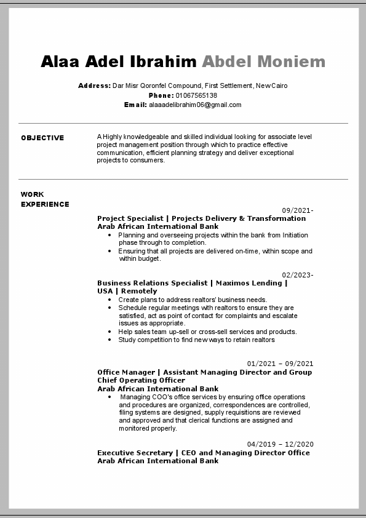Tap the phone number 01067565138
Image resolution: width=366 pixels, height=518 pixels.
coord(196,95)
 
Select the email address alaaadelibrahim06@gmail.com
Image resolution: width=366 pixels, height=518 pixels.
coord(195,105)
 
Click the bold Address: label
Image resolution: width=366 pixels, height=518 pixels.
coord(94,86)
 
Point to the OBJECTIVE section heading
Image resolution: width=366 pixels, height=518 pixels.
coord(42,138)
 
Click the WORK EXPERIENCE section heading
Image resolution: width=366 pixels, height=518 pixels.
coord(45,199)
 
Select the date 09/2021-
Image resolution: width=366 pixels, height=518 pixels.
coord(298,210)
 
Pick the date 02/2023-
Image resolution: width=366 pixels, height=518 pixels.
coord(298,275)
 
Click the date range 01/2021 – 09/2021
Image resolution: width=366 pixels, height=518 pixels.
coord(280,364)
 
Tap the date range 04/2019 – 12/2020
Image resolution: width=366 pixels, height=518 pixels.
coord(280,444)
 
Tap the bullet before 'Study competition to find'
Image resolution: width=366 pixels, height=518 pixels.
coord(109,340)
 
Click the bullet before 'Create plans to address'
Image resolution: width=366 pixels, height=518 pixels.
coord(109,300)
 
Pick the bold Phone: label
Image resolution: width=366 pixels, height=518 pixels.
coord(161,95)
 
